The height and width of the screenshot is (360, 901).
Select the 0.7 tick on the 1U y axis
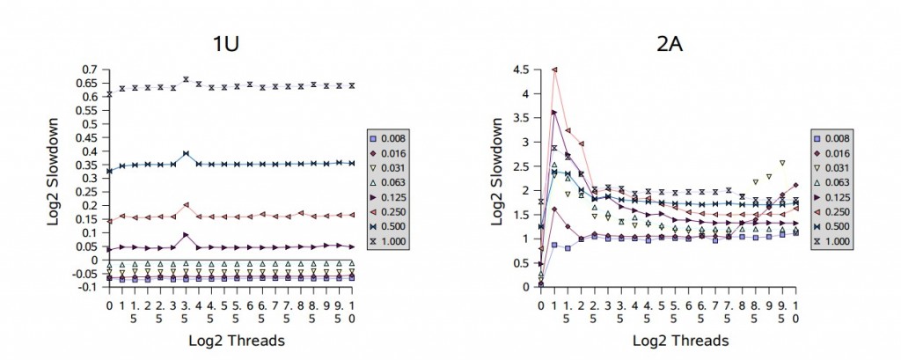pos(90,69)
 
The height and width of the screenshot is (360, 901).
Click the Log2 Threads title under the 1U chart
pos(232,339)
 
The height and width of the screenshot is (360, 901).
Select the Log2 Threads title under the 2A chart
pos(669,339)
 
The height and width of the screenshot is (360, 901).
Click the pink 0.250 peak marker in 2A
pos(554,70)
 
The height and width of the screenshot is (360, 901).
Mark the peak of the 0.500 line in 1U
pos(186,153)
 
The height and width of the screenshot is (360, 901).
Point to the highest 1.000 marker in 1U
pos(186,79)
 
